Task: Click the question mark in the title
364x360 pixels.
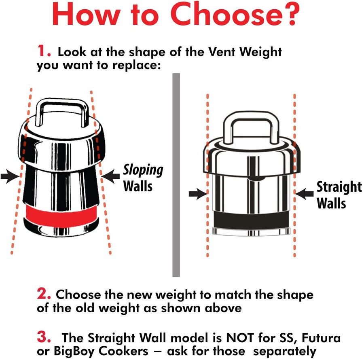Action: (x=289, y=14)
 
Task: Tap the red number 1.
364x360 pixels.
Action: (x=44, y=51)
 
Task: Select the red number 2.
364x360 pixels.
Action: (x=44, y=294)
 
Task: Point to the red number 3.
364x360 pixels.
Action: (x=44, y=337)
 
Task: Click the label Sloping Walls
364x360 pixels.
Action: (x=143, y=178)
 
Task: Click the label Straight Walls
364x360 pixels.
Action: (x=339, y=195)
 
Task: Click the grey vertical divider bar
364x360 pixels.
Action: (x=176, y=175)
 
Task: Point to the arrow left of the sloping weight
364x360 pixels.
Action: (x=10, y=176)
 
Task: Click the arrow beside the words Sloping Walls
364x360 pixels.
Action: (x=110, y=176)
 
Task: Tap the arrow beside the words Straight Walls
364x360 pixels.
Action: (x=304, y=193)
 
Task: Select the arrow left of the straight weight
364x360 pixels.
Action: (x=198, y=193)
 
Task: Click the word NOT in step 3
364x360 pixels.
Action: (x=240, y=338)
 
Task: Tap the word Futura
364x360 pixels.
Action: (x=321, y=338)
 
